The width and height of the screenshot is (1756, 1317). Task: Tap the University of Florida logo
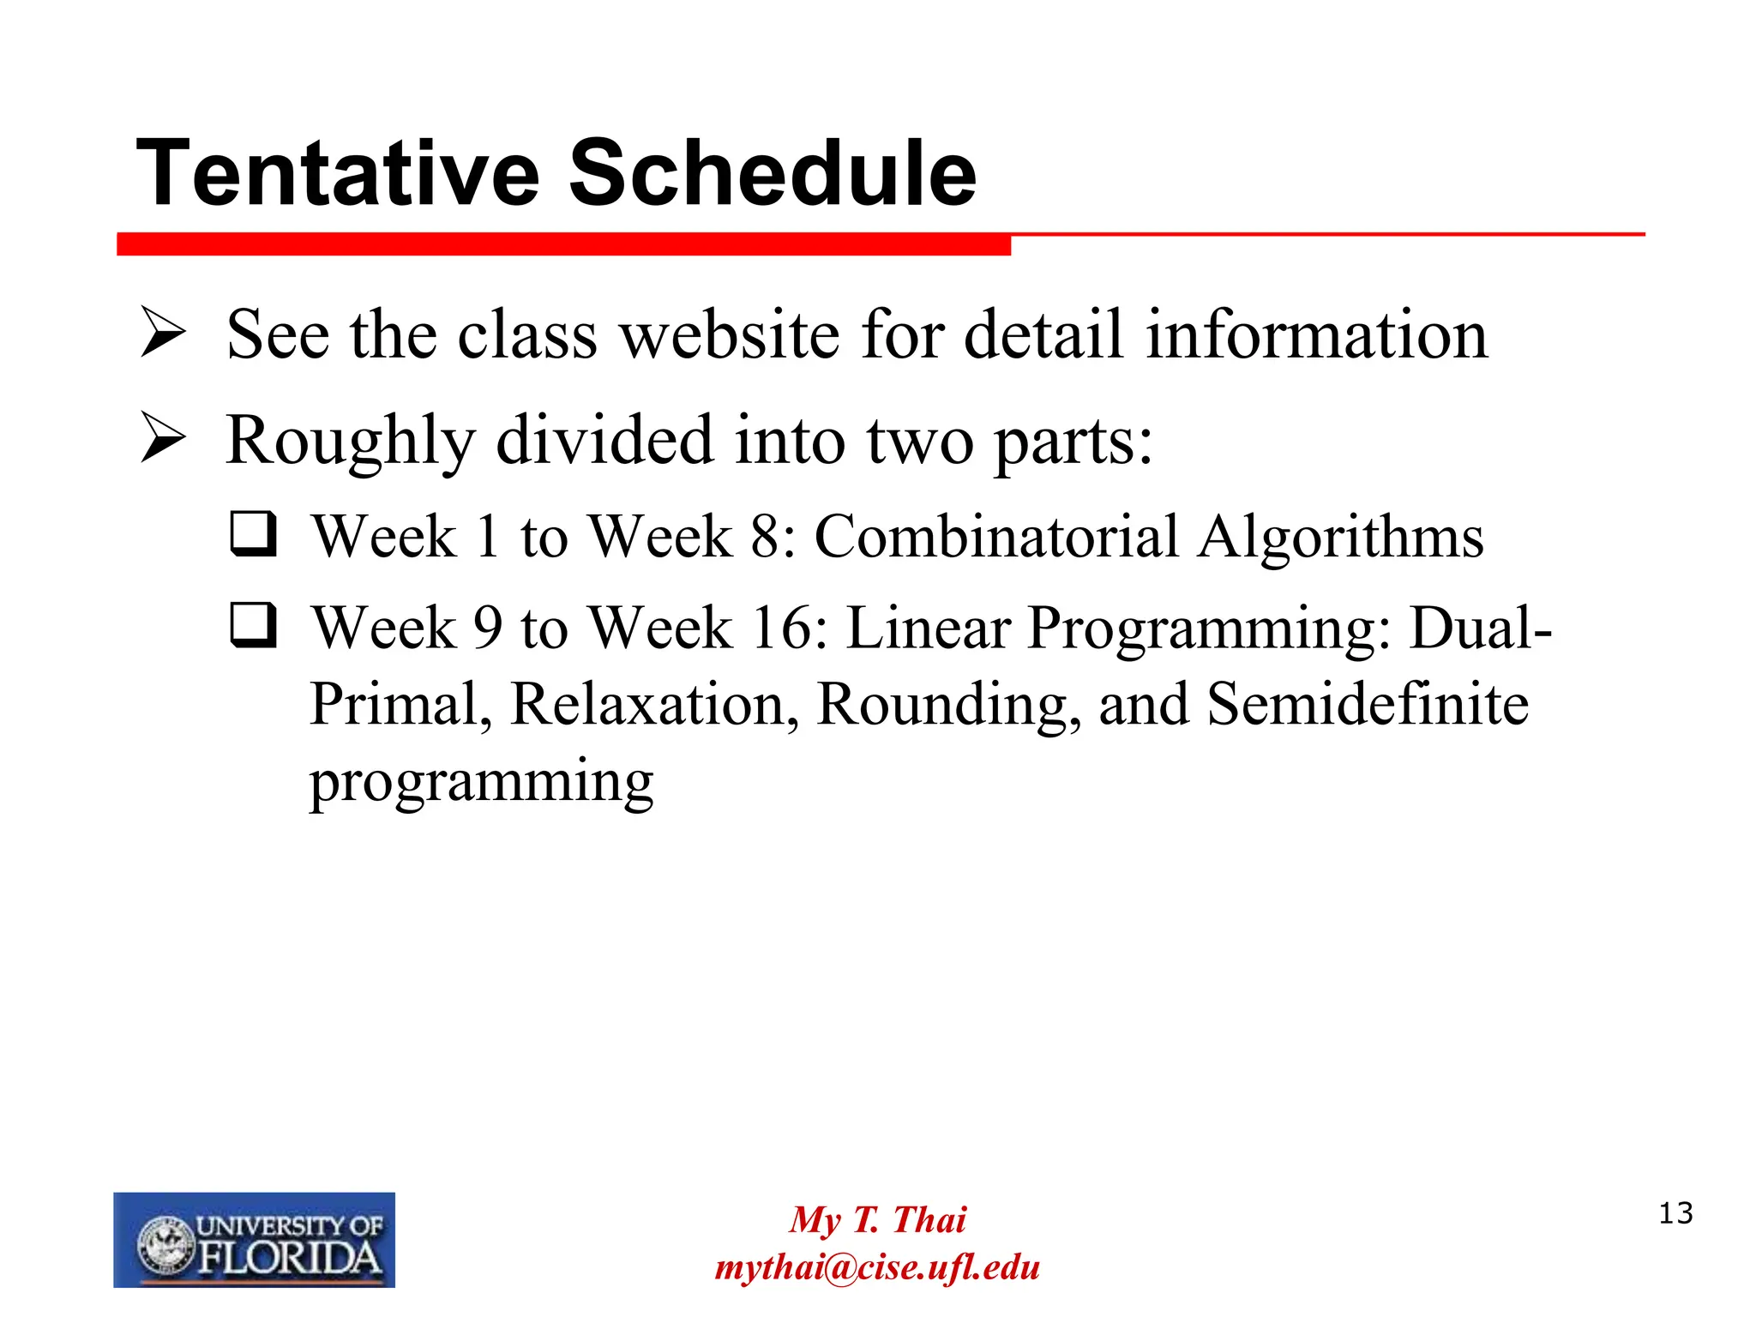pyautogui.click(x=254, y=1239)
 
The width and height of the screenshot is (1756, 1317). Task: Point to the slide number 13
pyautogui.click(x=1675, y=1213)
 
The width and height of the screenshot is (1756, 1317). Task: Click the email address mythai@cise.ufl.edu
pyautogui.click(x=877, y=1267)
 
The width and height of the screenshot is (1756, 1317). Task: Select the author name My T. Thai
pyautogui.click(x=877, y=1219)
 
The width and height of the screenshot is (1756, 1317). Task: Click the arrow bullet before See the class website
pyautogui.click(x=163, y=334)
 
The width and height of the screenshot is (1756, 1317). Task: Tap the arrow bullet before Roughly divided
pyautogui.click(x=163, y=439)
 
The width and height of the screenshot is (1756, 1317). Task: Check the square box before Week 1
pyautogui.click(x=254, y=534)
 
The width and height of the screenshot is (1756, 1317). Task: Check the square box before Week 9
pyautogui.click(x=254, y=625)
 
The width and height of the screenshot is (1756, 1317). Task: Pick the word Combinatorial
pyautogui.click(x=995, y=538)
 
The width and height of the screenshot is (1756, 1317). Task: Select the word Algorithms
pyautogui.click(x=1341, y=538)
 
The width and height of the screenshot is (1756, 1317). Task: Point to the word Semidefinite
pyautogui.click(x=1368, y=704)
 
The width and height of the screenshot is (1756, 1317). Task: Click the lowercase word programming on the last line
pyautogui.click(x=481, y=782)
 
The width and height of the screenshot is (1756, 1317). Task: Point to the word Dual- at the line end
pyautogui.click(x=1481, y=628)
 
